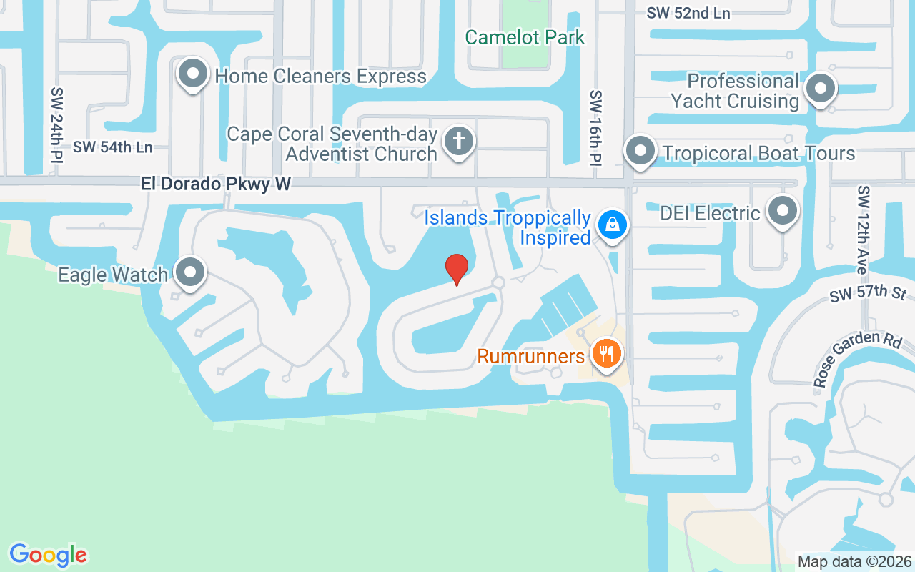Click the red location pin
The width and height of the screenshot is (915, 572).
tap(457, 269)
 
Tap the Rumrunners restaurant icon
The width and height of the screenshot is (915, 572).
tap(607, 353)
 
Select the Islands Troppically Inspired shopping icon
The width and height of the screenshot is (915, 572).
tap(613, 225)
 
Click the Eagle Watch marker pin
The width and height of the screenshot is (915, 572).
tap(191, 272)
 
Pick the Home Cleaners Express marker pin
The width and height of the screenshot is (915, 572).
tap(192, 73)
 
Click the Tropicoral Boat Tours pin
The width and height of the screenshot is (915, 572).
tap(640, 151)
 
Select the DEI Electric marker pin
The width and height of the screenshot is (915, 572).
tap(783, 211)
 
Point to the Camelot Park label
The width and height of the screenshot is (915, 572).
tap(525, 37)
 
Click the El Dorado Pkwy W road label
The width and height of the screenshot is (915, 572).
tap(216, 184)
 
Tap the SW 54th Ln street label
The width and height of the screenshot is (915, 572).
tap(113, 147)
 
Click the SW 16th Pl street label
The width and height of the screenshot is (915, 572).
tap(596, 129)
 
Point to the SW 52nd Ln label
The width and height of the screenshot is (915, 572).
tap(688, 13)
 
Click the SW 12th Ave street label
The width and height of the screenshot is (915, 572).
tap(864, 230)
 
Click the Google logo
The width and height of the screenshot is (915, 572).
tap(48, 555)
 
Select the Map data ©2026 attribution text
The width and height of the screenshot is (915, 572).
tap(855, 561)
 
